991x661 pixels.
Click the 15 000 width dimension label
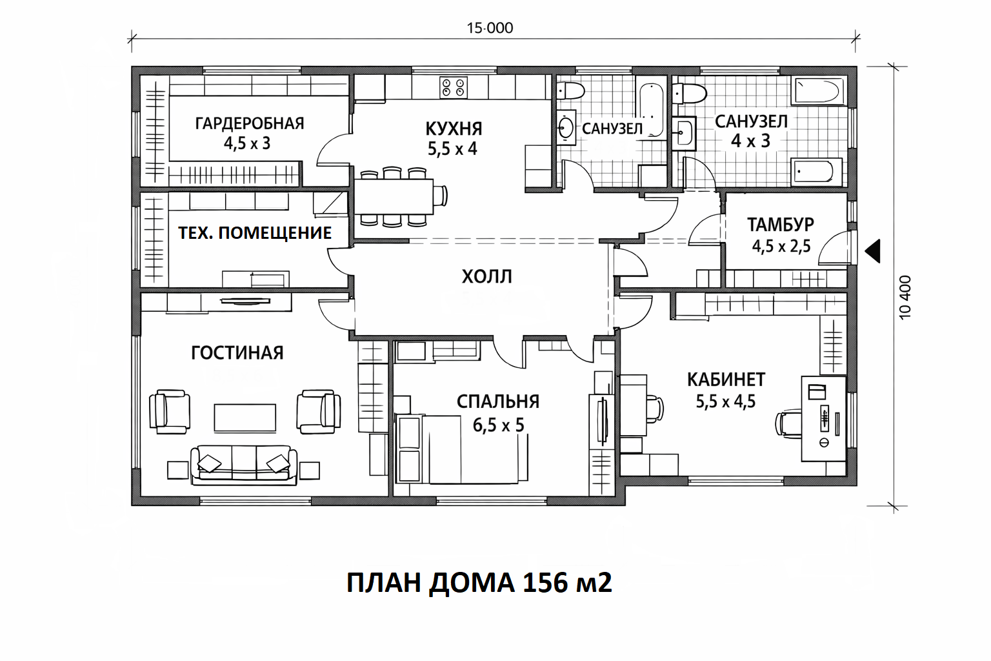coord(490,28)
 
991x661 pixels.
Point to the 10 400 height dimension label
coord(905,297)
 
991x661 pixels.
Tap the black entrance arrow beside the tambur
coord(872,251)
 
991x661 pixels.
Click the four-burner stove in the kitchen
coord(454,87)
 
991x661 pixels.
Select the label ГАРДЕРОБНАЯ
coord(250,123)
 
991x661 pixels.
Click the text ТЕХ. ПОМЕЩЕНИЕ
coord(255,232)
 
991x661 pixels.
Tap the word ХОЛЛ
coord(487,276)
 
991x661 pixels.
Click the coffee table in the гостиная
coord(245,418)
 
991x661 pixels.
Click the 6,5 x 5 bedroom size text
coord(498,425)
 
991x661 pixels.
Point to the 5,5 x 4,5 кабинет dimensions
coord(726,402)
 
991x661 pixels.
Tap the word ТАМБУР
coord(781,225)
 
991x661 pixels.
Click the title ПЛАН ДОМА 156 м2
coord(479,583)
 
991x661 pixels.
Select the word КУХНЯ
coord(454,128)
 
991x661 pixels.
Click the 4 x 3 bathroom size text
coord(751,141)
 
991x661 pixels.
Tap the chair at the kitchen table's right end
coord(440,195)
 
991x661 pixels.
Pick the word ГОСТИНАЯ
coord(237,353)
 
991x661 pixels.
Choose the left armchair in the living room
coord(170,412)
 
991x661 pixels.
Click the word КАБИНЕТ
coord(726,380)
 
